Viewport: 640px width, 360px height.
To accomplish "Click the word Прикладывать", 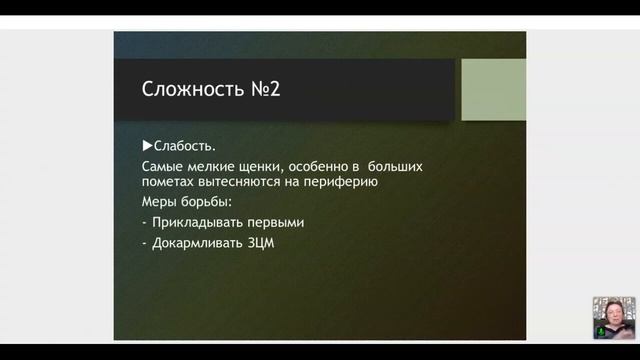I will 200,222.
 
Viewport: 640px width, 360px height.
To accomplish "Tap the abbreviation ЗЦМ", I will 262,241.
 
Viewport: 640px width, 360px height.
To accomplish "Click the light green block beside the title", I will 493,89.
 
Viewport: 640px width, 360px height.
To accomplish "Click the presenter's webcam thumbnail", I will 613,317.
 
